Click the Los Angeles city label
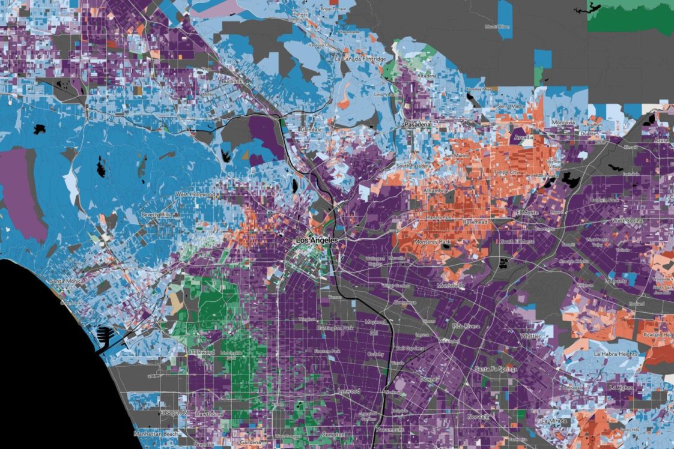point(317,240)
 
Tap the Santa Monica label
point(66,281)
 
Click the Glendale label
point(311,129)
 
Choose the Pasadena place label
point(417,124)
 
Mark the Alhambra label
point(436,190)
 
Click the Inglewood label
point(202,352)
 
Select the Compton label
point(333,435)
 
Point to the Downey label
point(430,379)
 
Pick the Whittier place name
point(530,336)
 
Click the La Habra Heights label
point(615,354)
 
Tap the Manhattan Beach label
point(151,433)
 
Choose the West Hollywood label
point(195,194)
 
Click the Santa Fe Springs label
point(496,369)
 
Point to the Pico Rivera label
point(466,326)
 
